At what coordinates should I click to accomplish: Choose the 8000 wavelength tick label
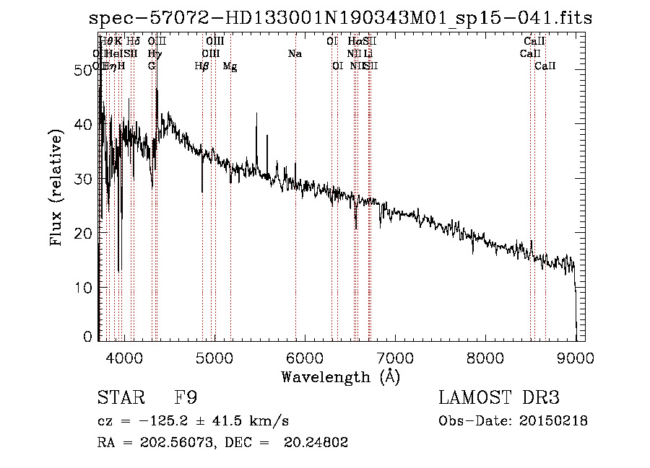pyautogui.click(x=485, y=356)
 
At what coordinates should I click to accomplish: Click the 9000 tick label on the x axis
pyautogui.click(x=575, y=356)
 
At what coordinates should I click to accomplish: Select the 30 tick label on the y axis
pyautogui.click(x=83, y=179)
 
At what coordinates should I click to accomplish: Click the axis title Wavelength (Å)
pyautogui.click(x=340, y=377)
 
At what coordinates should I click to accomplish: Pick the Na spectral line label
pyautogui.click(x=295, y=54)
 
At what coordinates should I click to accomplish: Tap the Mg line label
pyautogui.click(x=230, y=66)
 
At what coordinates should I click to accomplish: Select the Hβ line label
pyautogui.click(x=201, y=66)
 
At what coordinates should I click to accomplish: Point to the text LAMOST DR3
pyautogui.click(x=499, y=399)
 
